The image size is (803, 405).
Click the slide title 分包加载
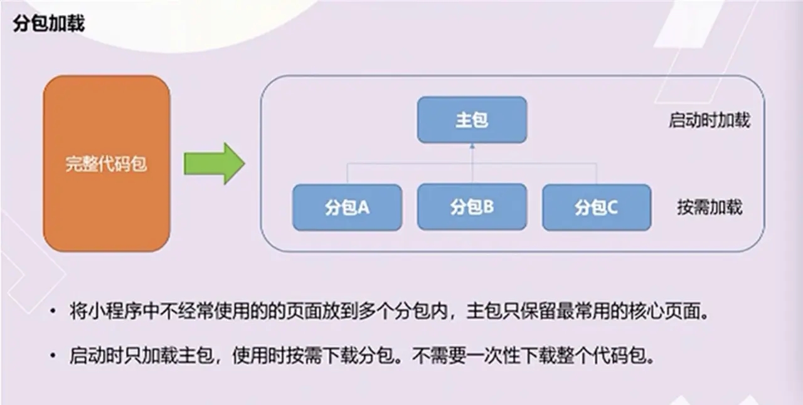point(49,24)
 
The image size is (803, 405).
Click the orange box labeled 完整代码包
point(107,164)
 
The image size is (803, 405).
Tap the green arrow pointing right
point(215,164)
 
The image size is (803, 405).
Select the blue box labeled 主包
point(472,120)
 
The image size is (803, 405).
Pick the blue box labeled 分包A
point(347,207)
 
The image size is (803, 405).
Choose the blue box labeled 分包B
point(472,207)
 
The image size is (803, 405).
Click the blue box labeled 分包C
point(597,207)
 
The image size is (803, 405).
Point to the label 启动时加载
point(710,120)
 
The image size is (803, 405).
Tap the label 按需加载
point(710,207)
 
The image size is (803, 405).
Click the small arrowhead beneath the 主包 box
point(472,146)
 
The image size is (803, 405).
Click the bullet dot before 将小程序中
point(53,311)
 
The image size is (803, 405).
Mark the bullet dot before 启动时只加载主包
point(53,355)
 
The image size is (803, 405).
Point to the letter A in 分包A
point(363,208)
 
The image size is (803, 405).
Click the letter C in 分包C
point(612,208)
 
